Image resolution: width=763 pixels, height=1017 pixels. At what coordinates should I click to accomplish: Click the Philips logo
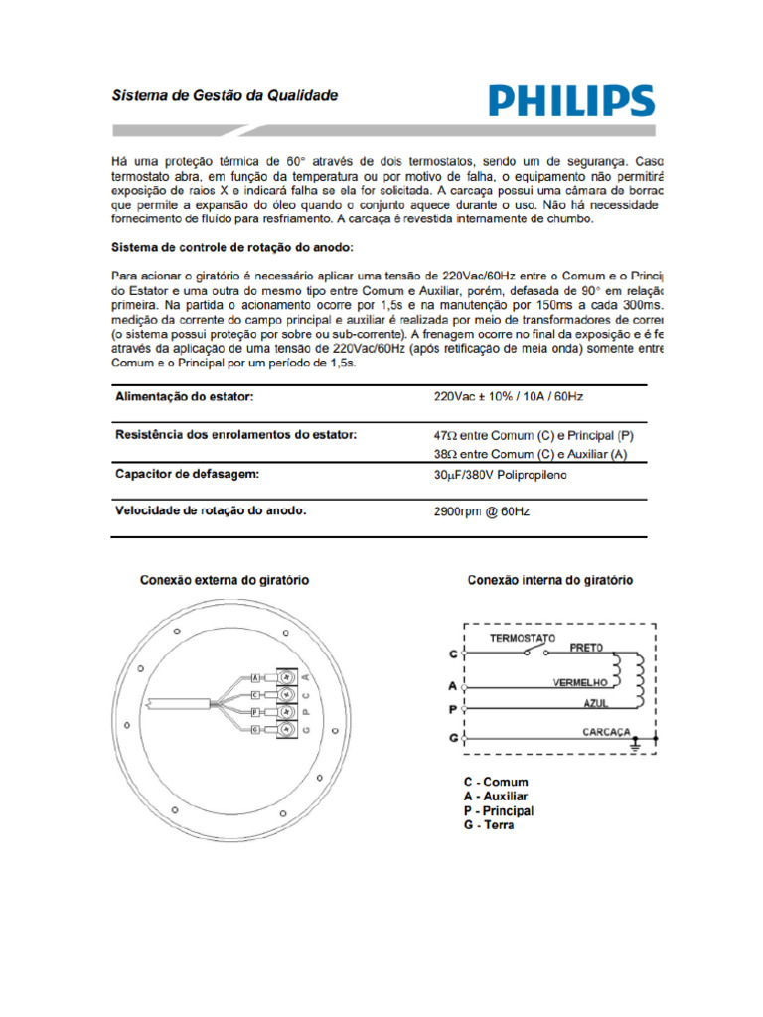(x=570, y=101)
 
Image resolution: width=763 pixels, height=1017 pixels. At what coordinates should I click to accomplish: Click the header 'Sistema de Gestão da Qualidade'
(x=224, y=96)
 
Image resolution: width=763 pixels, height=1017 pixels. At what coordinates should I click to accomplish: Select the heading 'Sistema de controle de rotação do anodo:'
(x=231, y=246)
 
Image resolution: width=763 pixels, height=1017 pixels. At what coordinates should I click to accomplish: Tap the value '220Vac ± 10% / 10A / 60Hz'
(x=508, y=397)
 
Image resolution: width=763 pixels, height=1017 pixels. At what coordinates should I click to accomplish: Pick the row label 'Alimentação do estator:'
(x=185, y=397)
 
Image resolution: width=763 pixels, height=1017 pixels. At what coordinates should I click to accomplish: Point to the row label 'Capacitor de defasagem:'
(x=187, y=474)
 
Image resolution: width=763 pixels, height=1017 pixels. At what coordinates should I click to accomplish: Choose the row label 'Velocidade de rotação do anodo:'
(x=211, y=510)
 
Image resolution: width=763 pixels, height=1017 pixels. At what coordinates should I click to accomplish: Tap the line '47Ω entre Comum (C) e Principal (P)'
(x=533, y=436)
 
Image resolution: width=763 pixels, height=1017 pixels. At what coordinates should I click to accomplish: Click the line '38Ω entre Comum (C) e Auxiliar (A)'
(x=530, y=454)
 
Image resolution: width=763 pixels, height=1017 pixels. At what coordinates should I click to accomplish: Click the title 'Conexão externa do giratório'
(x=224, y=579)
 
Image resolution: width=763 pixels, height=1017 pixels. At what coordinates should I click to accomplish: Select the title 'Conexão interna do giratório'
(x=549, y=579)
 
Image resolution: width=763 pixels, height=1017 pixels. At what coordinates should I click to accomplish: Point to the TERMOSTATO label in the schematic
(x=522, y=638)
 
